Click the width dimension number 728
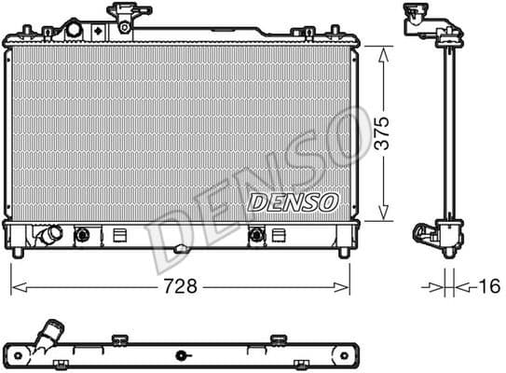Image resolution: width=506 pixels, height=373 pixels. coord(181,286)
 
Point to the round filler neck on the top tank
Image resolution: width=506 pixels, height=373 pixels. coord(73,29)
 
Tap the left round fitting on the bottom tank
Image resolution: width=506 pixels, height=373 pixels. coord(82,235)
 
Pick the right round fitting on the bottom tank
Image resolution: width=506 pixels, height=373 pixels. coord(255,235)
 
